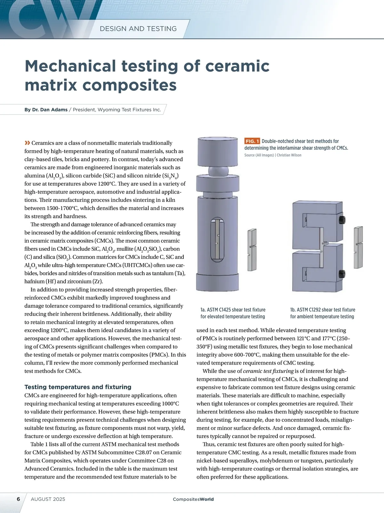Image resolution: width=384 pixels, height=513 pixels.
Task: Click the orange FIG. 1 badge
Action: [x=252, y=141]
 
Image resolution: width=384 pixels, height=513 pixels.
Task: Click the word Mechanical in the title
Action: [x=70, y=66]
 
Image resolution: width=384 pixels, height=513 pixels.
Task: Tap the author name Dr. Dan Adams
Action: [x=50, y=110]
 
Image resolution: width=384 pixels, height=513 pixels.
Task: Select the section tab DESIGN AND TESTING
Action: [x=138, y=29]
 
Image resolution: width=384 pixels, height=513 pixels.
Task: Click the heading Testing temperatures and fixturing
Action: [x=78, y=387]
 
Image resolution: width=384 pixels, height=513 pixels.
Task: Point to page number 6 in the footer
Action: [x=18, y=499]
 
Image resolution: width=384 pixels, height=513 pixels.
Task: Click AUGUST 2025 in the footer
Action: [x=48, y=499]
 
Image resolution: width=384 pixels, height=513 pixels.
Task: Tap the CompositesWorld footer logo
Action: [x=193, y=499]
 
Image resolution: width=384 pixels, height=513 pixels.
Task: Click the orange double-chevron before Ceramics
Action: [x=27, y=143]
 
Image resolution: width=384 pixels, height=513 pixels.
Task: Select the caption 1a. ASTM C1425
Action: [x=233, y=313]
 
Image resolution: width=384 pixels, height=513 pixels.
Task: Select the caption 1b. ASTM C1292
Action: [x=322, y=313]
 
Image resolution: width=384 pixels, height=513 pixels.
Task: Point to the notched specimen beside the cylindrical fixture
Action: [x=252, y=250]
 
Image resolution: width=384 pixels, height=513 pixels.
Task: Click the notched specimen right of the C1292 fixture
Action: [x=358, y=247]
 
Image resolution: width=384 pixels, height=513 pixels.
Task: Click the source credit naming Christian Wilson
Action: [x=273, y=155]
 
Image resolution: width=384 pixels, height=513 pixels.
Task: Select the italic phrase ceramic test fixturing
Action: [x=268, y=371]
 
